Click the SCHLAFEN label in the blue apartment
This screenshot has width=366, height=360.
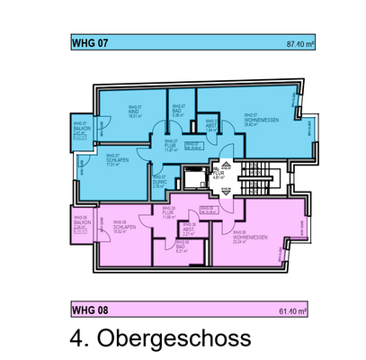pyautogui.click(x=113, y=161)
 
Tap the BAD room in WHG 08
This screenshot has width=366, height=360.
pyautogui.click(x=183, y=247)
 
